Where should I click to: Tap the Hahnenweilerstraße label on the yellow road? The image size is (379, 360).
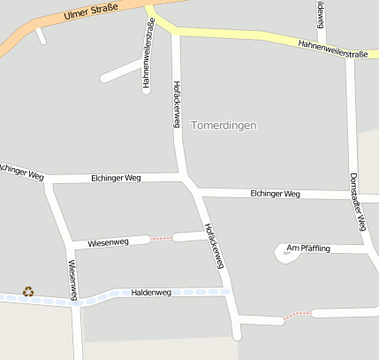332,49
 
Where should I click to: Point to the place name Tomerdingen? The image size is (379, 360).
224,126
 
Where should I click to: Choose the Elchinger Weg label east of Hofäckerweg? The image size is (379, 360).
275,194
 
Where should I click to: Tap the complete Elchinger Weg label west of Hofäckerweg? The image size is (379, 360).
116,179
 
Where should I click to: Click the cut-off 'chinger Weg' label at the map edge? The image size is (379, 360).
21,172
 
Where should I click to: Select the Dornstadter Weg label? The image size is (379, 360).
357,203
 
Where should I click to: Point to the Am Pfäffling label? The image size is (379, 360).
308,249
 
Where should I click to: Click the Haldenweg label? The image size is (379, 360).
150,293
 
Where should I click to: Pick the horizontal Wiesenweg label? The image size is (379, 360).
108,242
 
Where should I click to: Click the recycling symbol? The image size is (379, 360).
28,291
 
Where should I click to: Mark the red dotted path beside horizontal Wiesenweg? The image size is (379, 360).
162,238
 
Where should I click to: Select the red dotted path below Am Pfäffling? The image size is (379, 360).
298,315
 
